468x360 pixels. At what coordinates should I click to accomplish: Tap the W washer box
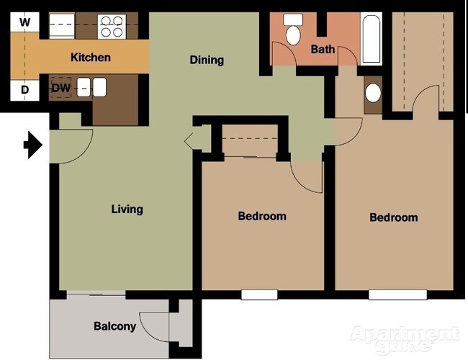click(24, 22)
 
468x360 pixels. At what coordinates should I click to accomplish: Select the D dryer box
click(24, 90)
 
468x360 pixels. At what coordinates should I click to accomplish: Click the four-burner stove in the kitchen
click(111, 27)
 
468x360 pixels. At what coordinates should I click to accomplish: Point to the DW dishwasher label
click(60, 88)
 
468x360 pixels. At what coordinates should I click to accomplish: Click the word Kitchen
click(90, 57)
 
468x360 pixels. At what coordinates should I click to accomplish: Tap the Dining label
click(207, 60)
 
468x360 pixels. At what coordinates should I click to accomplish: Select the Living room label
click(127, 210)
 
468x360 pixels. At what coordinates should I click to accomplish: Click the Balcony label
click(114, 326)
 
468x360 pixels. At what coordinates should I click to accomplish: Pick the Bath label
click(323, 49)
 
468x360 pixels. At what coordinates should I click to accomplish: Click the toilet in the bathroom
click(294, 30)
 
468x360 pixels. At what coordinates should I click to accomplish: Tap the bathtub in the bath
click(372, 39)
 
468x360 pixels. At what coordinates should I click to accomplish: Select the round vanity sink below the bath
click(373, 92)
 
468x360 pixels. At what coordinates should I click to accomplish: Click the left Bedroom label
click(262, 216)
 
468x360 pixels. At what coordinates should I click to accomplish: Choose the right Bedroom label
click(393, 217)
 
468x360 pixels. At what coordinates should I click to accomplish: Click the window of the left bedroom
click(259, 294)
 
